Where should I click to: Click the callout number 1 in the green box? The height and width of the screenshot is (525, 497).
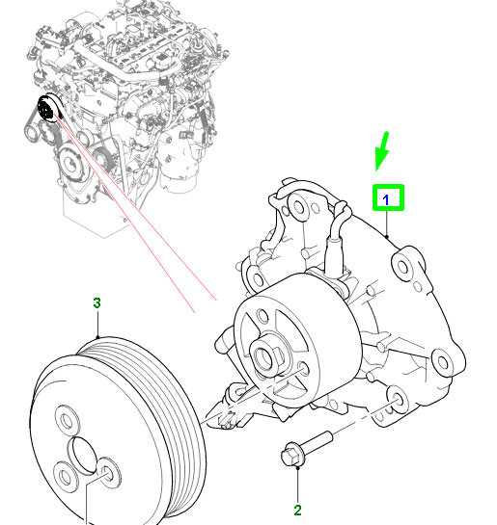pos(389,198)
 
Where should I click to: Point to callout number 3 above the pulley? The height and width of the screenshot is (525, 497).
pos(97,303)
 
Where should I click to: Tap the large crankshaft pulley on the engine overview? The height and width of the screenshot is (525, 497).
pos(70,165)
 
